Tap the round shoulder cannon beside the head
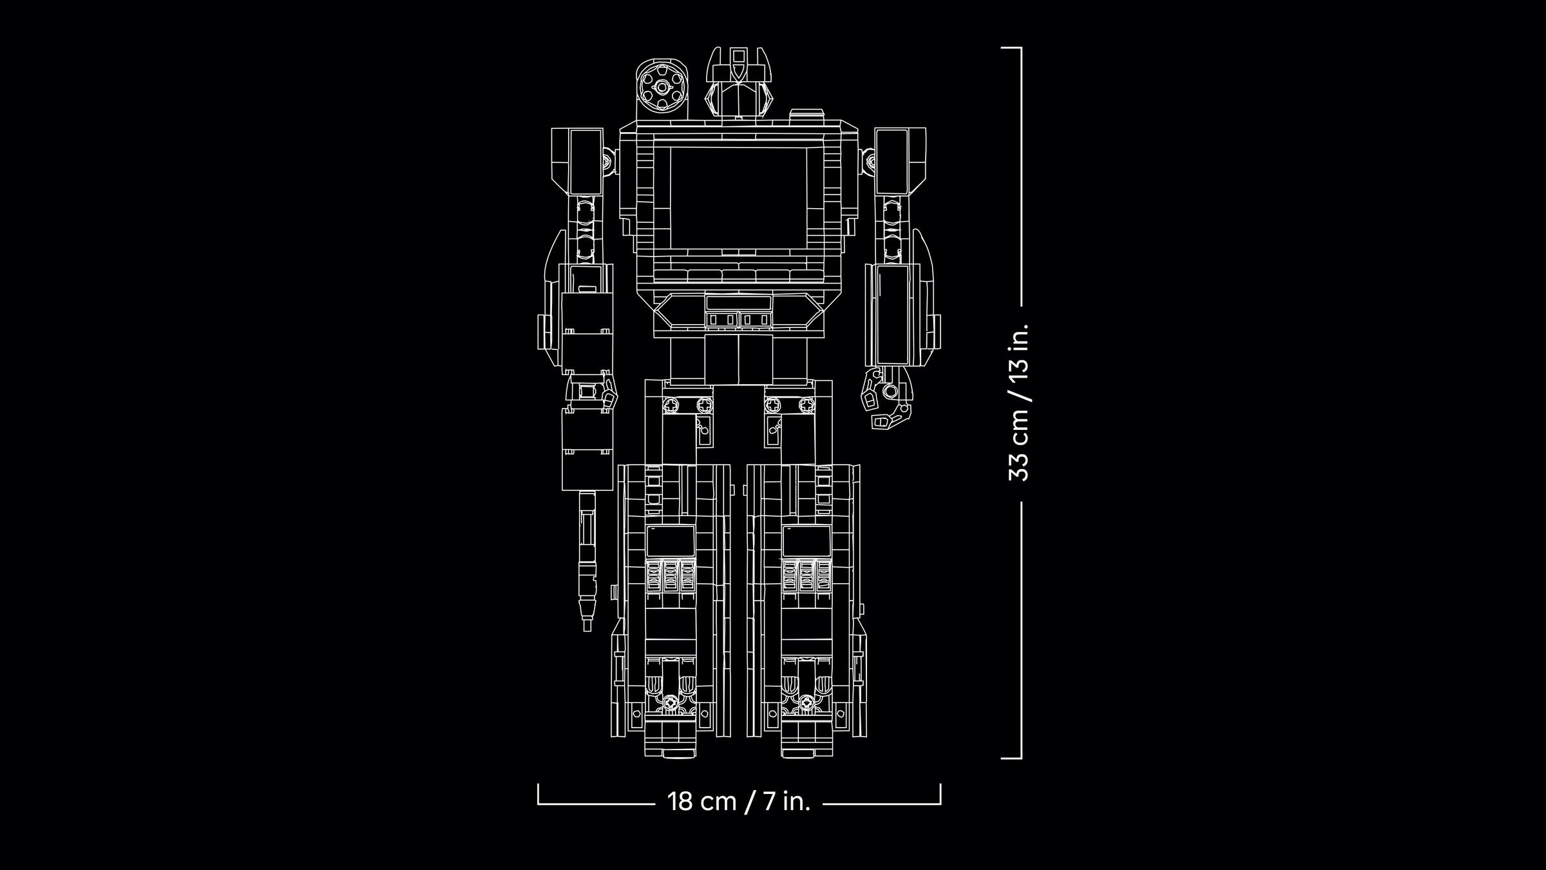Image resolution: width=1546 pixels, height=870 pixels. (x=662, y=88)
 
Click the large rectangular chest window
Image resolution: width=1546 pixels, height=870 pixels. (x=738, y=197)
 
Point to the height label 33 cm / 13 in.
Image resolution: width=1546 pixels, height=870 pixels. (x=1019, y=402)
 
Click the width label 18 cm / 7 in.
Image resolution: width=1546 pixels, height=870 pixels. (x=738, y=802)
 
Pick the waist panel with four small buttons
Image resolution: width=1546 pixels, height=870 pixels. (x=738, y=318)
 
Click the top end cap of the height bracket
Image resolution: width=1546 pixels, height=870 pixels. (x=1011, y=48)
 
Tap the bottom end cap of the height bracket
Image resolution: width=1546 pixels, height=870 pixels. (x=1011, y=759)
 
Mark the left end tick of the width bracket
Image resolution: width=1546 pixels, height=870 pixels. (x=539, y=794)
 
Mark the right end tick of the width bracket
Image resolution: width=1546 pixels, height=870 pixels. (x=940, y=794)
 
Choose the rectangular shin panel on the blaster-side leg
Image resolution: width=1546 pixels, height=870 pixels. (x=671, y=541)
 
